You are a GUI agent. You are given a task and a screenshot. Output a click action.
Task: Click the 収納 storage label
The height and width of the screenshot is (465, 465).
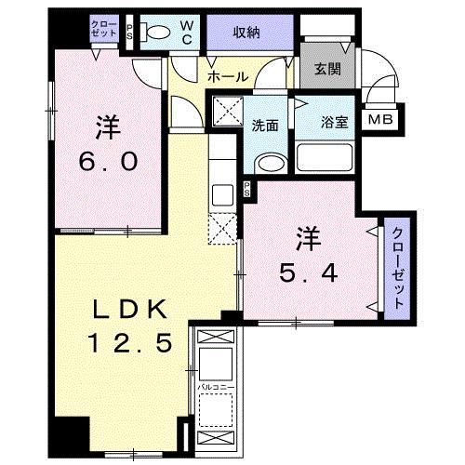pos(246,33)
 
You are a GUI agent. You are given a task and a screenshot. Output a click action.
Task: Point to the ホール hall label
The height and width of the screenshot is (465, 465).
pos(227,76)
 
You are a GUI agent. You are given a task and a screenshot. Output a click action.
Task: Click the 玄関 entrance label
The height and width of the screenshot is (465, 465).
pos(326,68)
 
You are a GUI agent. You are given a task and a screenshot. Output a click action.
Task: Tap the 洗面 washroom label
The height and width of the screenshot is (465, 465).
pos(266,126)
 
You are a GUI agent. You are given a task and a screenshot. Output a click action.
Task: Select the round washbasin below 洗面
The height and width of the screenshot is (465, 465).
pos(268,164)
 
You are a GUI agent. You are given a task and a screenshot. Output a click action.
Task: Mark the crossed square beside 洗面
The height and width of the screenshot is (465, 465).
pos(226,114)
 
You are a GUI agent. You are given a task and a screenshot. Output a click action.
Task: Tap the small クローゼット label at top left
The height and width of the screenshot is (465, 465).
pos(104,28)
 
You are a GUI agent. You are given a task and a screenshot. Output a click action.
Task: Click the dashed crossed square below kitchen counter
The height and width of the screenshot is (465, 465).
pos(223,228)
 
